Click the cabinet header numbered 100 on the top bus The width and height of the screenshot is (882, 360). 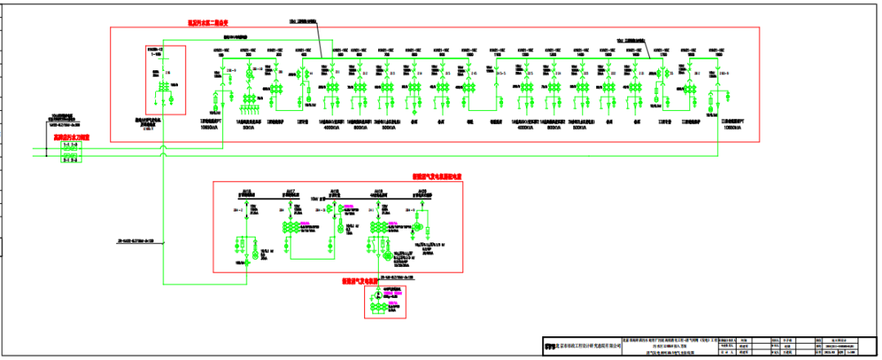pos(219,51)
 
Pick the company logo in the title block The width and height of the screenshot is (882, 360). pos(549,346)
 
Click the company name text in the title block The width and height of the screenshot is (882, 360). pos(588,346)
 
